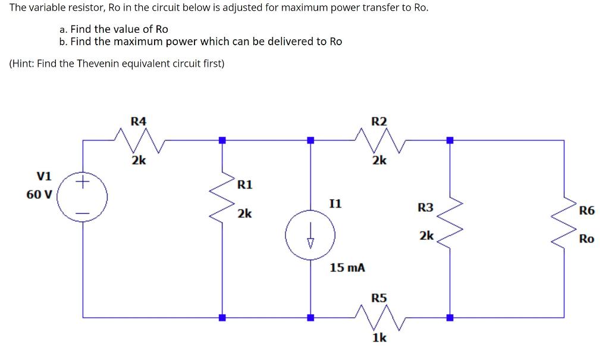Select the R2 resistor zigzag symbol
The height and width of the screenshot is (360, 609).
click(379, 141)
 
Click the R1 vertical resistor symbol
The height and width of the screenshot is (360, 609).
click(222, 196)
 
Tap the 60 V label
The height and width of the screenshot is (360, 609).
click(39, 194)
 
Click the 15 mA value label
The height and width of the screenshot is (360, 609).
click(347, 268)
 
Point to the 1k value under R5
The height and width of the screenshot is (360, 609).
click(379, 337)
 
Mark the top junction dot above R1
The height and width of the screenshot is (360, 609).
click(222, 140)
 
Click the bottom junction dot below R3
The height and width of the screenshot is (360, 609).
click(450, 317)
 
